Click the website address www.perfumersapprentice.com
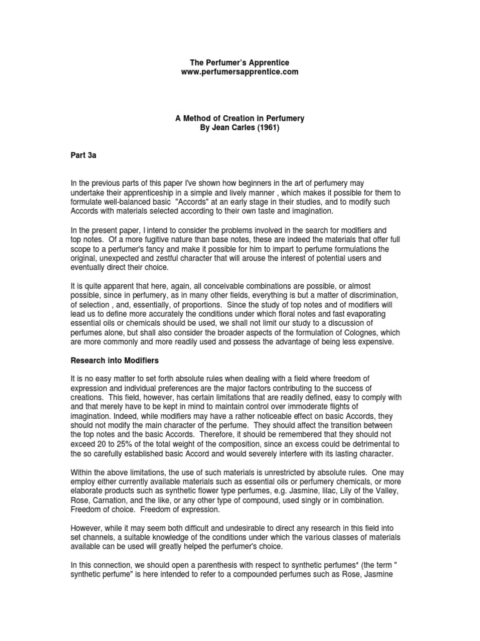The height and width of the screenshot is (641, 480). coord(239,72)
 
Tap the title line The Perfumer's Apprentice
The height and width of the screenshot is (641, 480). coord(239,63)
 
